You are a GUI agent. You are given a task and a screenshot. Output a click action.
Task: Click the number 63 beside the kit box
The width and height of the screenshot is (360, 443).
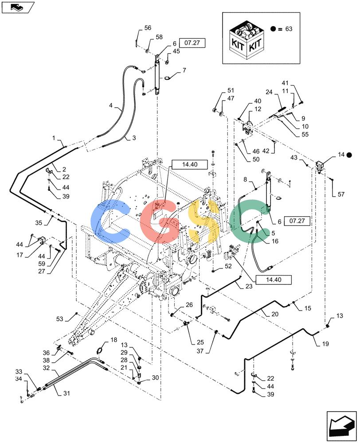pyautogui.click(x=289, y=29)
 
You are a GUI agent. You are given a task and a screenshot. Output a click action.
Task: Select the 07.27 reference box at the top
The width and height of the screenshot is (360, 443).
pyautogui.click(x=192, y=43)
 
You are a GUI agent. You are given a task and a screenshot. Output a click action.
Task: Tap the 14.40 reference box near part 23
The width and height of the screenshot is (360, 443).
pyautogui.click(x=274, y=280)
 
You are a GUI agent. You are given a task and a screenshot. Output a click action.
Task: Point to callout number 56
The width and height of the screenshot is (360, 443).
pyautogui.click(x=148, y=27)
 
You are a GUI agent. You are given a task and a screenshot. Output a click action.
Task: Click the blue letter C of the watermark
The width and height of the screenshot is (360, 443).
pyautogui.click(x=110, y=221)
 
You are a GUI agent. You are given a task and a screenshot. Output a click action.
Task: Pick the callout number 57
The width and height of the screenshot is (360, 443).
pyautogui.click(x=341, y=194)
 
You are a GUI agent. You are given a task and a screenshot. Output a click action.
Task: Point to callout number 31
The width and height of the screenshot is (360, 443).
pyautogui.click(x=67, y=393)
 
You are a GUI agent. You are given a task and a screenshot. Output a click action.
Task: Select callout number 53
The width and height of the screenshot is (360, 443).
pyautogui.click(x=60, y=319)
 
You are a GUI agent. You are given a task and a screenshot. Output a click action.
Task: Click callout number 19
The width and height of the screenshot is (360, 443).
pyautogui.click(x=325, y=344)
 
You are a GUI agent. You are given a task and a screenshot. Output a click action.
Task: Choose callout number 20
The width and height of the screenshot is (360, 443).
pyautogui.click(x=275, y=314)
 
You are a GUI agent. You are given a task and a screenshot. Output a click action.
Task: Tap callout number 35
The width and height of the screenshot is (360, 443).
pyautogui.click(x=39, y=223)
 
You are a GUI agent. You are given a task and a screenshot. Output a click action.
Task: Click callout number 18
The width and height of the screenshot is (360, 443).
pyautogui.click(x=113, y=340)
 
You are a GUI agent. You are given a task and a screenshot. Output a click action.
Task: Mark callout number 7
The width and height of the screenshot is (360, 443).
pyautogui.click(x=184, y=70)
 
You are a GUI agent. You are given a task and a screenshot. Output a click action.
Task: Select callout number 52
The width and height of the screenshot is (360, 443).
pyautogui.click(x=228, y=266)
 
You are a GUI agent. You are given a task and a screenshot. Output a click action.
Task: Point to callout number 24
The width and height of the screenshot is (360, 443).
pyautogui.click(x=269, y=92)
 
